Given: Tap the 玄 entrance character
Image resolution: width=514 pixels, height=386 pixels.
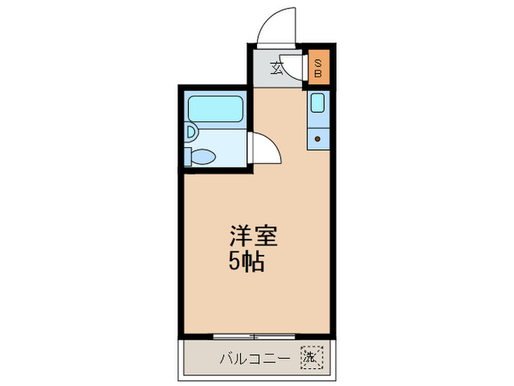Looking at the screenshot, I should pyautogui.click(x=278, y=68).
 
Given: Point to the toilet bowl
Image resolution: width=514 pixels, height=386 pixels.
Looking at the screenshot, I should pyautogui.click(x=203, y=156).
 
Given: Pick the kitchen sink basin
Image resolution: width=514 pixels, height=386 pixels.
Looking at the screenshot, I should pyautogui.click(x=319, y=103).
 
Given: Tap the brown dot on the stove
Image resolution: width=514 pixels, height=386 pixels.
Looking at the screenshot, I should pyautogui.click(x=318, y=137).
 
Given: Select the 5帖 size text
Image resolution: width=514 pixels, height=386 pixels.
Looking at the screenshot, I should pyautogui.click(x=246, y=262).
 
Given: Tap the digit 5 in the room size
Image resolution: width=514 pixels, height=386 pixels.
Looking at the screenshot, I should pyautogui.click(x=234, y=262).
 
